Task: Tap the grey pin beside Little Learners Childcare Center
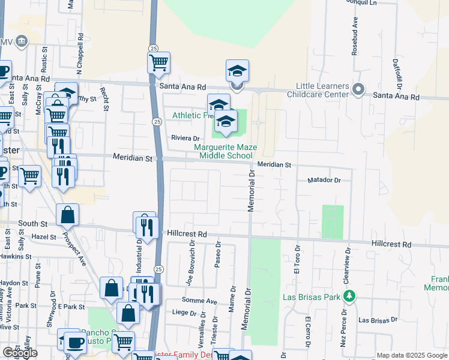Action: pos(358,89)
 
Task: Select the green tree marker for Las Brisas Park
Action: pos(348,296)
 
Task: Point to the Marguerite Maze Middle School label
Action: pos(223,151)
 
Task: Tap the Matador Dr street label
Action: pos(324,180)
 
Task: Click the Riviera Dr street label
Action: pos(185,138)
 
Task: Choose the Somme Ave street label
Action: pos(204,301)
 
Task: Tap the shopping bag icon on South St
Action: pos(68,215)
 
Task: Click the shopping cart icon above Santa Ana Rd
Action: pos(158,62)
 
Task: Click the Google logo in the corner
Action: pos(20,353)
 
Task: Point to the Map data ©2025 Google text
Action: pos(412,355)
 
